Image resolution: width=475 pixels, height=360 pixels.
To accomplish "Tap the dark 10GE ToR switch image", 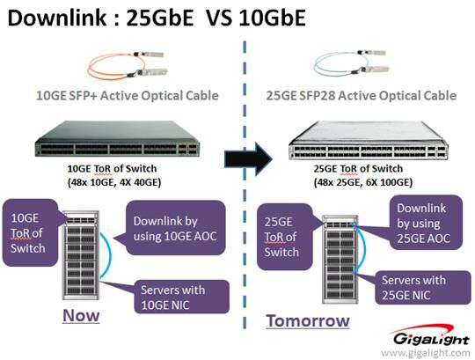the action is [118, 139].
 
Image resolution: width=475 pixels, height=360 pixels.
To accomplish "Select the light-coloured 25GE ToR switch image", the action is [368, 140].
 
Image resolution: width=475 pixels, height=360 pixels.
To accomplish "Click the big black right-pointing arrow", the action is [248, 158].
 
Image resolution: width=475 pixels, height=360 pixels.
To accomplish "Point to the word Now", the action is [81, 315].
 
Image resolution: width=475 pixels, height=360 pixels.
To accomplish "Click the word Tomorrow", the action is [308, 320].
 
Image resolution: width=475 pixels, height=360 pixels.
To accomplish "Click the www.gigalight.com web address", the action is [426, 353].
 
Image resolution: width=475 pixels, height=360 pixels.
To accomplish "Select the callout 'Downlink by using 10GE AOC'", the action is [175, 228].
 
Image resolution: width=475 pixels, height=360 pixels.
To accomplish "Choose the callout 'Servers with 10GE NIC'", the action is [182, 297].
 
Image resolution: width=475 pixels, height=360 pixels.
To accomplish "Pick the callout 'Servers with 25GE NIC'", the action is [422, 287].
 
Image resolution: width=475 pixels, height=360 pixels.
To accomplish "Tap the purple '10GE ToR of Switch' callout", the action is [30, 232].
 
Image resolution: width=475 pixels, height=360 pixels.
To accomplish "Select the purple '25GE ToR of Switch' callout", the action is [284, 237].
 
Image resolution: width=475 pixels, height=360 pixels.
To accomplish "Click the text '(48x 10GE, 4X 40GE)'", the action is [114, 182].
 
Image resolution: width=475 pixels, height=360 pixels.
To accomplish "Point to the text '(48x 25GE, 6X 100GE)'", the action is [363, 182].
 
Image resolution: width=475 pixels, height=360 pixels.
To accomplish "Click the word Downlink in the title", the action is [57, 18].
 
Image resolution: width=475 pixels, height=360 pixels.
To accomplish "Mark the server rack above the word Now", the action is [81, 254].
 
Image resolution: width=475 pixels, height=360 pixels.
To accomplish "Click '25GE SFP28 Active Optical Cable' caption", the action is [362, 95].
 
